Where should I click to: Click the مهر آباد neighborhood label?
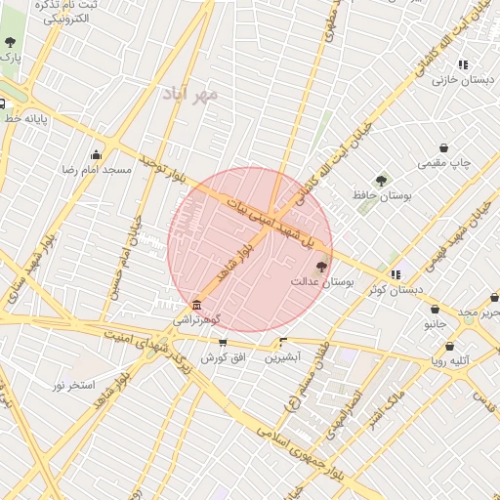click(x=191, y=94)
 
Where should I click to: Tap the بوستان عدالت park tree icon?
click(x=322, y=266)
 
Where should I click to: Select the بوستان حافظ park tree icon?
click(x=381, y=180)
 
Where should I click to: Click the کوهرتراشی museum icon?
click(x=197, y=305)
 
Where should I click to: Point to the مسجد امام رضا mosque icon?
click(x=96, y=154)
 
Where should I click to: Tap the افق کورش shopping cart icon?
click(x=224, y=343)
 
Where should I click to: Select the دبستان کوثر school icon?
click(x=396, y=274)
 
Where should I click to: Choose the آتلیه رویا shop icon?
click(x=450, y=346)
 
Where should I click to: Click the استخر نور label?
click(x=69, y=384)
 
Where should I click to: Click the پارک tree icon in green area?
click(x=10, y=42)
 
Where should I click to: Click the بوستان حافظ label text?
click(x=382, y=197)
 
